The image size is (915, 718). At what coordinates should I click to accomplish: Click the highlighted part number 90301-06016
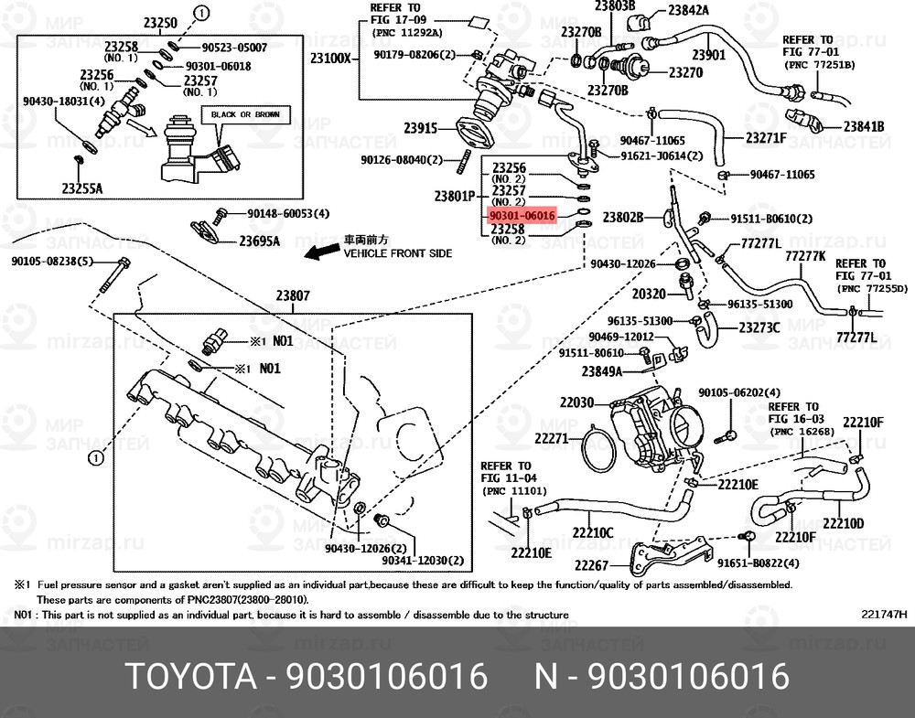tap(522, 216)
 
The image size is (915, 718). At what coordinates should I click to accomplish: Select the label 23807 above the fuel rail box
tap(293, 295)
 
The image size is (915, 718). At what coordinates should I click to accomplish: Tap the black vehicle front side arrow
tap(323, 252)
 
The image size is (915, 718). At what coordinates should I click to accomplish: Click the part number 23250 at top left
tap(160, 23)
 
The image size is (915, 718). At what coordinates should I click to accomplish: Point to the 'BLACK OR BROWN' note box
tap(245, 115)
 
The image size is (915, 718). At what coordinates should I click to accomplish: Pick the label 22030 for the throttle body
tap(576, 402)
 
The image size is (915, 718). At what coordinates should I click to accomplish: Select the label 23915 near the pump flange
tap(421, 128)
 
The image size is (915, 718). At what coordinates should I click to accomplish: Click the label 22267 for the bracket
tap(591, 565)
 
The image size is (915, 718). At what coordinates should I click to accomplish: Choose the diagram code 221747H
tap(884, 614)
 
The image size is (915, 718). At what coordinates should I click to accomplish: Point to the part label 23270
tap(685, 73)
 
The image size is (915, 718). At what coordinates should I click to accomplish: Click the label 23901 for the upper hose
tap(709, 54)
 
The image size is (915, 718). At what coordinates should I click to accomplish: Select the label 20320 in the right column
tap(649, 294)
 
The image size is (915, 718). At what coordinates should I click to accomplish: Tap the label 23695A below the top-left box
tap(259, 241)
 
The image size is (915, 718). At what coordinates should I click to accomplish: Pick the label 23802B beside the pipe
tap(622, 218)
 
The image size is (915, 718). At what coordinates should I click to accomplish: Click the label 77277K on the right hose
tap(805, 256)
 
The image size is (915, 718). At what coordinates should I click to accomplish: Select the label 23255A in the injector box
tap(82, 188)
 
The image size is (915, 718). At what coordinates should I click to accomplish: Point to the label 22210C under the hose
tap(593, 532)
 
